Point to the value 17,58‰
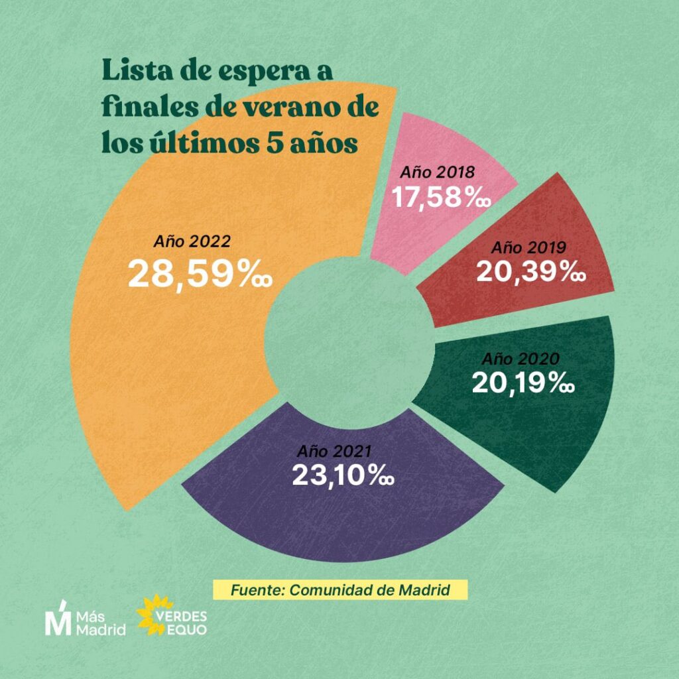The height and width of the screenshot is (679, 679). pos(440,198)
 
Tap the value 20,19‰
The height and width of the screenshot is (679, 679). pos(523,383)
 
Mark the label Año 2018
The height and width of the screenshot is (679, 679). pos(437,172)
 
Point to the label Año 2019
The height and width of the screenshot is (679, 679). pos(528,248)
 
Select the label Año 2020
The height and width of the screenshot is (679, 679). pos(521,359)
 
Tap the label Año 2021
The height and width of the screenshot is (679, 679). pos(333,452)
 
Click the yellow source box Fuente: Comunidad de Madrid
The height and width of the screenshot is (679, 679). pos(340,589)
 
